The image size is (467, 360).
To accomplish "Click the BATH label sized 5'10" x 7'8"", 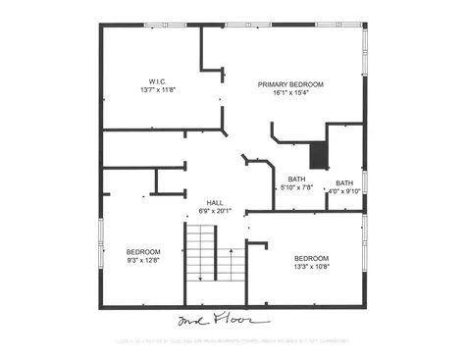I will [295, 179].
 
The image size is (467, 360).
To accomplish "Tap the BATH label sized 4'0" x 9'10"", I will [345, 183].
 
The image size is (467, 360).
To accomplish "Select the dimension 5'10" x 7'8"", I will [295, 187].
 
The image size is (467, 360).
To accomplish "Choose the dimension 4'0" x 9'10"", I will [345, 192].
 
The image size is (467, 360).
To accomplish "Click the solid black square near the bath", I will [318, 155].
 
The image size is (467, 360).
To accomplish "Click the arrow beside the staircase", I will [230, 264].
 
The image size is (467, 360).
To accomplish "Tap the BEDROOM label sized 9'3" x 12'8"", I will [144, 251].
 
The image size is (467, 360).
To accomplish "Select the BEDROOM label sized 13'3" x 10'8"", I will [311, 258].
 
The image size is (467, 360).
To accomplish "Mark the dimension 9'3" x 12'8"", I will [144, 260].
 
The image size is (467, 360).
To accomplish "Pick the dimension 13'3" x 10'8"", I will [311, 267].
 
